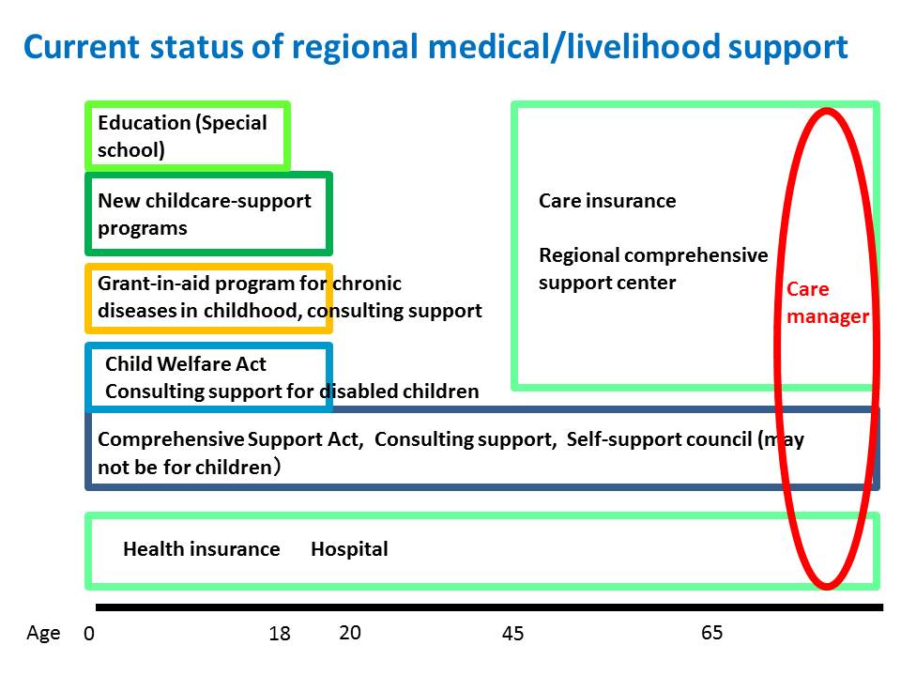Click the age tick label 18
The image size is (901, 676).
(x=280, y=633)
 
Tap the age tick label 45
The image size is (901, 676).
(x=512, y=633)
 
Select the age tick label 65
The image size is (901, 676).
(x=711, y=632)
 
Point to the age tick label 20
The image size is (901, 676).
(x=350, y=632)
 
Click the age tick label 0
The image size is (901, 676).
(x=89, y=633)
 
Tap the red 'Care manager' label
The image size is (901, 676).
(x=828, y=302)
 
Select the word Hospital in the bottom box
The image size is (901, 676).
(x=349, y=549)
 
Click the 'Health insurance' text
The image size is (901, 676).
(x=202, y=549)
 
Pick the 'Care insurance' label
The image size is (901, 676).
(x=607, y=201)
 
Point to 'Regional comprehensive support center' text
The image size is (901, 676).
(x=653, y=269)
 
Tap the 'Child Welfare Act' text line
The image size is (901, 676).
(x=186, y=364)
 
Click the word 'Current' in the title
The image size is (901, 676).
(x=82, y=47)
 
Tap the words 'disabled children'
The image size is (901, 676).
(x=399, y=392)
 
